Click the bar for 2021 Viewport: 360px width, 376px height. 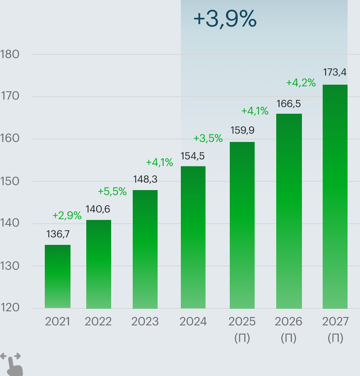point(58,276)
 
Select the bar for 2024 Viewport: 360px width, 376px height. point(193,237)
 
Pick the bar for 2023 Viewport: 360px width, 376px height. point(145,249)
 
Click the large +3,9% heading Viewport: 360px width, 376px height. point(225,19)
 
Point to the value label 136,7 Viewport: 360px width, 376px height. point(58,234)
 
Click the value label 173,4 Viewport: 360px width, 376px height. point(335,73)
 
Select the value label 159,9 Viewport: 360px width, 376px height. point(242,130)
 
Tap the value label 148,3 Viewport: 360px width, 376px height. point(145,179)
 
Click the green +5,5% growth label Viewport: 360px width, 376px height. point(112,191)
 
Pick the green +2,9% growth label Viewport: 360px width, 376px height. point(67,215)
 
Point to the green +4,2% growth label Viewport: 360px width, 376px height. point(301,83)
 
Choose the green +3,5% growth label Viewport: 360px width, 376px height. point(208,139)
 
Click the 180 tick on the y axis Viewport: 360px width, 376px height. point(10,54)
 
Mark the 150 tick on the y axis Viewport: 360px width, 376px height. point(10,181)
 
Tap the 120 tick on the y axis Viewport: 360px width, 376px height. point(10,308)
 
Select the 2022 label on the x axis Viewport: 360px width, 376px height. point(98,322)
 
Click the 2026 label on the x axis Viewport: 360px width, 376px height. point(289,322)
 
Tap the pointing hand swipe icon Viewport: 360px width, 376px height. point(12,364)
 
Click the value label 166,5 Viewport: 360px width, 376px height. point(289,103)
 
